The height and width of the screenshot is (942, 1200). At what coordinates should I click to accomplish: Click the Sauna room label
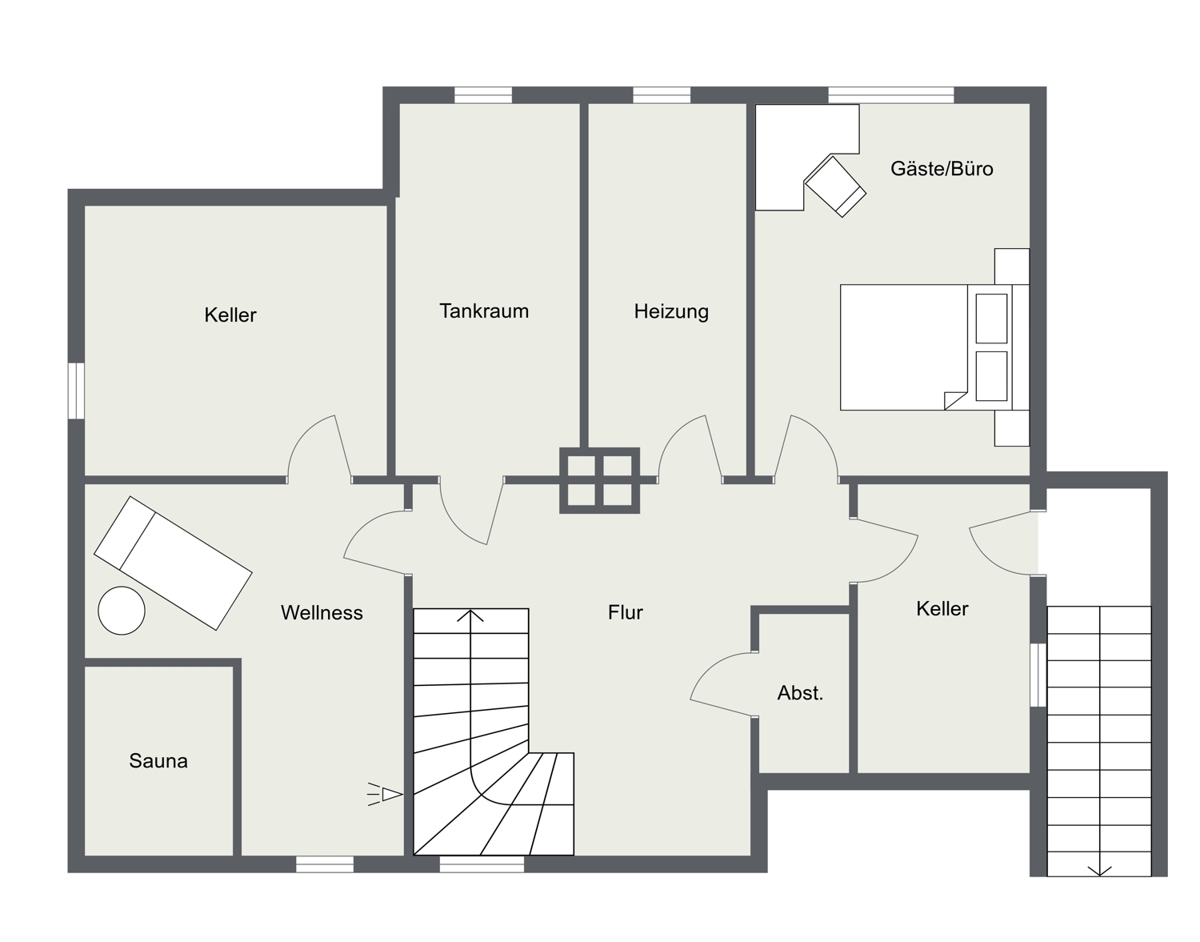click(158, 761)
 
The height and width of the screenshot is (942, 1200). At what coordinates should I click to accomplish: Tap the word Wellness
click(322, 613)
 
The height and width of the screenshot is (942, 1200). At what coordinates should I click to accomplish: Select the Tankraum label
click(484, 311)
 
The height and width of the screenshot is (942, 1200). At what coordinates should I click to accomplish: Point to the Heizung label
click(671, 311)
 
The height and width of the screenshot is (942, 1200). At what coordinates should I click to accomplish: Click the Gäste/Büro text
click(942, 169)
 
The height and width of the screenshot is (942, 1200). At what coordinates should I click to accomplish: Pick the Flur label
click(625, 612)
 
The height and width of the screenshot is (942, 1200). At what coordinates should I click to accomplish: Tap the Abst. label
click(800, 693)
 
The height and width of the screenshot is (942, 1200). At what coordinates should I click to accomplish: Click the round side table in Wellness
click(122, 611)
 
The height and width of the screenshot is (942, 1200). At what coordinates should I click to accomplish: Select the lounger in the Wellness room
click(173, 563)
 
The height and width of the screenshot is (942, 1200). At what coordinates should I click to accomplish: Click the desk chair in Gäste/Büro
click(835, 186)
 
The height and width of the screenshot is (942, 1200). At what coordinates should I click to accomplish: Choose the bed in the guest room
click(934, 347)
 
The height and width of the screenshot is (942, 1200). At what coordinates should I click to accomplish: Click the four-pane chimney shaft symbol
click(599, 480)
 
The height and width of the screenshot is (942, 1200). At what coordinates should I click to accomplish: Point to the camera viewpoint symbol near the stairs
click(386, 795)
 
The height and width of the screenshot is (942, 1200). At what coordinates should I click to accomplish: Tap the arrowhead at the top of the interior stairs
click(470, 615)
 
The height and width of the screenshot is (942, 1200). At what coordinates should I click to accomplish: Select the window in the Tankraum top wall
click(483, 95)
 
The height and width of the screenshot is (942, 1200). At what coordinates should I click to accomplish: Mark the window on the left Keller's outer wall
click(76, 391)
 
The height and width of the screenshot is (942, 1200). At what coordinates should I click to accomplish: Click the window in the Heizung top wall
click(662, 95)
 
